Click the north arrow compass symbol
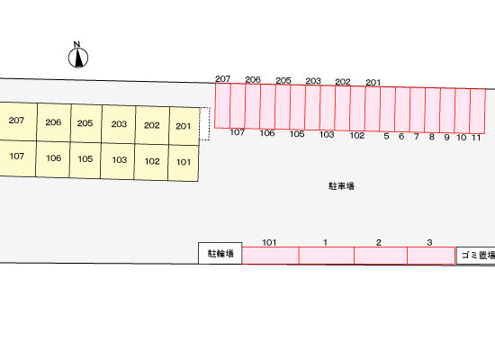coord(78,55)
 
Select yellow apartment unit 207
coord(18,121)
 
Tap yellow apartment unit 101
coord(183,163)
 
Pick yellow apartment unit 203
coord(119,124)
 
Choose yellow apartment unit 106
coord(53,158)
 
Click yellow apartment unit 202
coord(152,125)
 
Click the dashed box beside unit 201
coord(205,123)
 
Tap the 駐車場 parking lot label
coord(341,186)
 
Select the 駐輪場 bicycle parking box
coord(220,253)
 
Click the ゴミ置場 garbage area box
coord(476,256)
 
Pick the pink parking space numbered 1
coord(327,256)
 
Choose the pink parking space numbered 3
coord(431,256)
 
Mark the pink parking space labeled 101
coord(271,256)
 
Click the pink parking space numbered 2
coord(381,256)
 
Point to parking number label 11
coord(476,138)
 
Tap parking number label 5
coord(386,136)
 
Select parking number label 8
coord(431,137)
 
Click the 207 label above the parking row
coord(222,78)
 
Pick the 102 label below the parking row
coord(357,136)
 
